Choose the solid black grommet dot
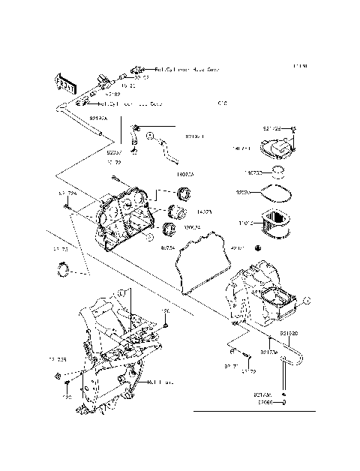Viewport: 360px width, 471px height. point(259,248)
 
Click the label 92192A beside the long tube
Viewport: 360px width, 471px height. point(98,118)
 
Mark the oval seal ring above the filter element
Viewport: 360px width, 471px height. point(277,194)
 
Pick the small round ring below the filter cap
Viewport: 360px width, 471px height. point(277,172)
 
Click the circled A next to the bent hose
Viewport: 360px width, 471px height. point(149,137)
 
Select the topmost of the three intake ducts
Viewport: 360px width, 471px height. point(180,196)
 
